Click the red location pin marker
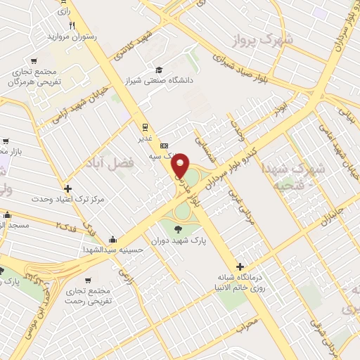pyautogui.click(x=181, y=165)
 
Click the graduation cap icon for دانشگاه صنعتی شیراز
pyautogui.click(x=160, y=70)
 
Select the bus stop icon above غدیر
pyautogui.click(x=145, y=127)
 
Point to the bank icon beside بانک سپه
pyautogui.click(x=155, y=146)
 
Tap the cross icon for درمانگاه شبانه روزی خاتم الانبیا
pyautogui.click(x=240, y=267)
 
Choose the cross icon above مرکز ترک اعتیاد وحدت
pyautogui.click(x=67, y=188)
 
